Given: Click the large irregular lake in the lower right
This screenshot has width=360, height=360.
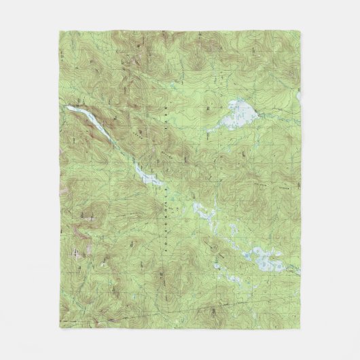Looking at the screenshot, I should click(262, 258).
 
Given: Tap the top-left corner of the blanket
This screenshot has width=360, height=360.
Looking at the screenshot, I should click(60, 29).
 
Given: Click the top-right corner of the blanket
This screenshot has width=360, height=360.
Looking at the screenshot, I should click(300, 29).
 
